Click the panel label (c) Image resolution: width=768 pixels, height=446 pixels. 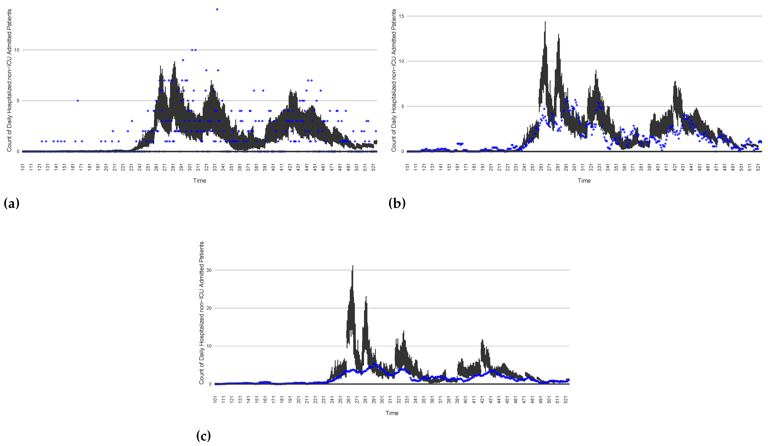(203, 436)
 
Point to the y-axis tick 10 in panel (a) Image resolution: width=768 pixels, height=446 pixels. (17, 50)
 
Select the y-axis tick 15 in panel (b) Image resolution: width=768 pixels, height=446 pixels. (401, 16)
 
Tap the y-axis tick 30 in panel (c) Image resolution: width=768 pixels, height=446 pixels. (209, 270)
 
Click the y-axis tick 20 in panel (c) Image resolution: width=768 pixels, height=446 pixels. (209, 308)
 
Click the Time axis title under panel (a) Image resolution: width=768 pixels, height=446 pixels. (200, 181)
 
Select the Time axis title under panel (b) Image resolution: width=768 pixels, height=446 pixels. (584, 181)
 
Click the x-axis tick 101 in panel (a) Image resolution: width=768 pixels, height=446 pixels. (23, 167)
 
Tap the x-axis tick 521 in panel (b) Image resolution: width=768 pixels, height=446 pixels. (758, 167)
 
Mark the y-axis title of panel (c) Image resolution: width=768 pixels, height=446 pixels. (201, 313)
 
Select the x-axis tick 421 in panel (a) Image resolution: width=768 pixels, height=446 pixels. (290, 167)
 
